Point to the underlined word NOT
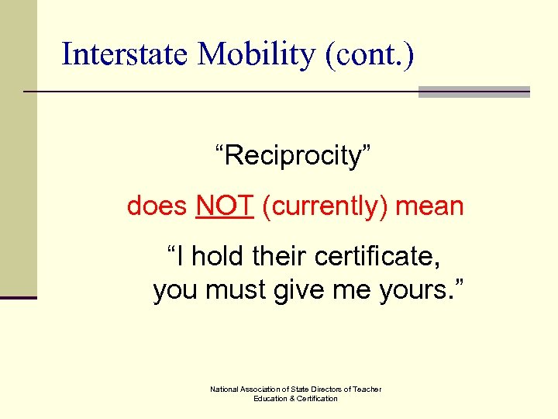pos(225,206)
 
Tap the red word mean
pos(429,206)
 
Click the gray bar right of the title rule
pos(474,92)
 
